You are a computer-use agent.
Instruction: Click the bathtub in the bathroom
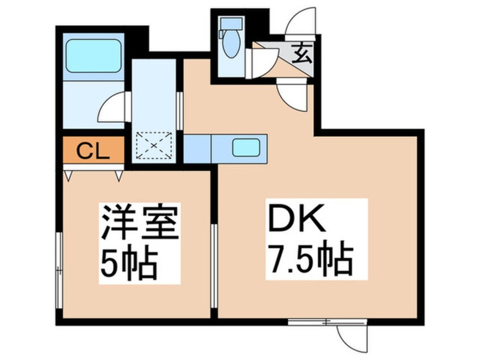[x=94, y=56]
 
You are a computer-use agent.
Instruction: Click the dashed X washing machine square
[x=154, y=145]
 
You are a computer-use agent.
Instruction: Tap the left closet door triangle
[x=69, y=175]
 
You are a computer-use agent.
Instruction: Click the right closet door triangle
[x=119, y=175]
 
